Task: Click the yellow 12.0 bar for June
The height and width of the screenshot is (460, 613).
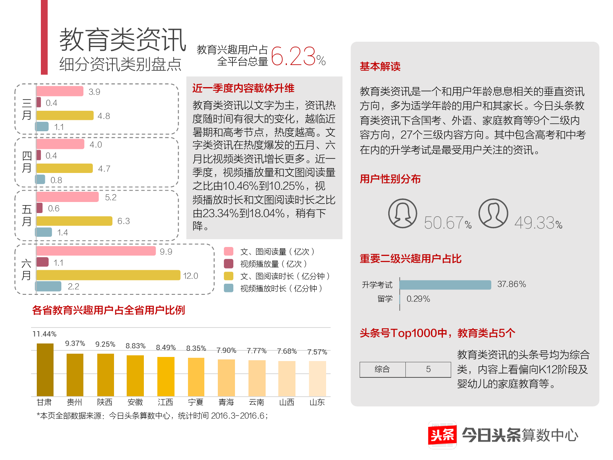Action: pos(108,275)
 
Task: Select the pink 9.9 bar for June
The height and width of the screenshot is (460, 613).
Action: pos(96,251)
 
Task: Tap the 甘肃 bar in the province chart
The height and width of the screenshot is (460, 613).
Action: pos(45,370)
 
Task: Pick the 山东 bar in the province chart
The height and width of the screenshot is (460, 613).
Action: pos(317,379)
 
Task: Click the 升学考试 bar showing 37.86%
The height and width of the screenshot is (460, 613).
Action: pos(445,285)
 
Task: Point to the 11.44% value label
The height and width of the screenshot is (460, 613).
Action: pos(45,334)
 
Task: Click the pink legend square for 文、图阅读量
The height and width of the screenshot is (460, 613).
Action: pos(229,251)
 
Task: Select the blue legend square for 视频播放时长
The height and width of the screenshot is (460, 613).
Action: pos(229,288)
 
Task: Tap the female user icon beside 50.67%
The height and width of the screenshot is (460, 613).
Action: pos(403,213)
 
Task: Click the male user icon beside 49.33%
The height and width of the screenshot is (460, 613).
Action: pos(493,213)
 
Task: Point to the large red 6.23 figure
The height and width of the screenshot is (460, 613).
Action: pos(293,56)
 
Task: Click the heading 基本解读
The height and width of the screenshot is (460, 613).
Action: pos(380,67)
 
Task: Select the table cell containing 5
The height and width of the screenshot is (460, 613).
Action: pos(428,369)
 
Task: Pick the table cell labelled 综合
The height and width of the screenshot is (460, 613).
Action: pos(383,369)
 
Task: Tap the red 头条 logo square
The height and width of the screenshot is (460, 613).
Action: pos(442,435)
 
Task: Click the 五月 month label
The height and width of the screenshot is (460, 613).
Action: pos(27,215)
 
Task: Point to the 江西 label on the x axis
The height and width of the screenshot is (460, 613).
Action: pos(166,402)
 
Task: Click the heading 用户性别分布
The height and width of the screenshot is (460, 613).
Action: pos(390,179)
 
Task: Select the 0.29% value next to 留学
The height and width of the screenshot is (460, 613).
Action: pos(418,299)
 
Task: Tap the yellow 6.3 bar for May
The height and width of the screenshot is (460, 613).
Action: pos(74,221)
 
